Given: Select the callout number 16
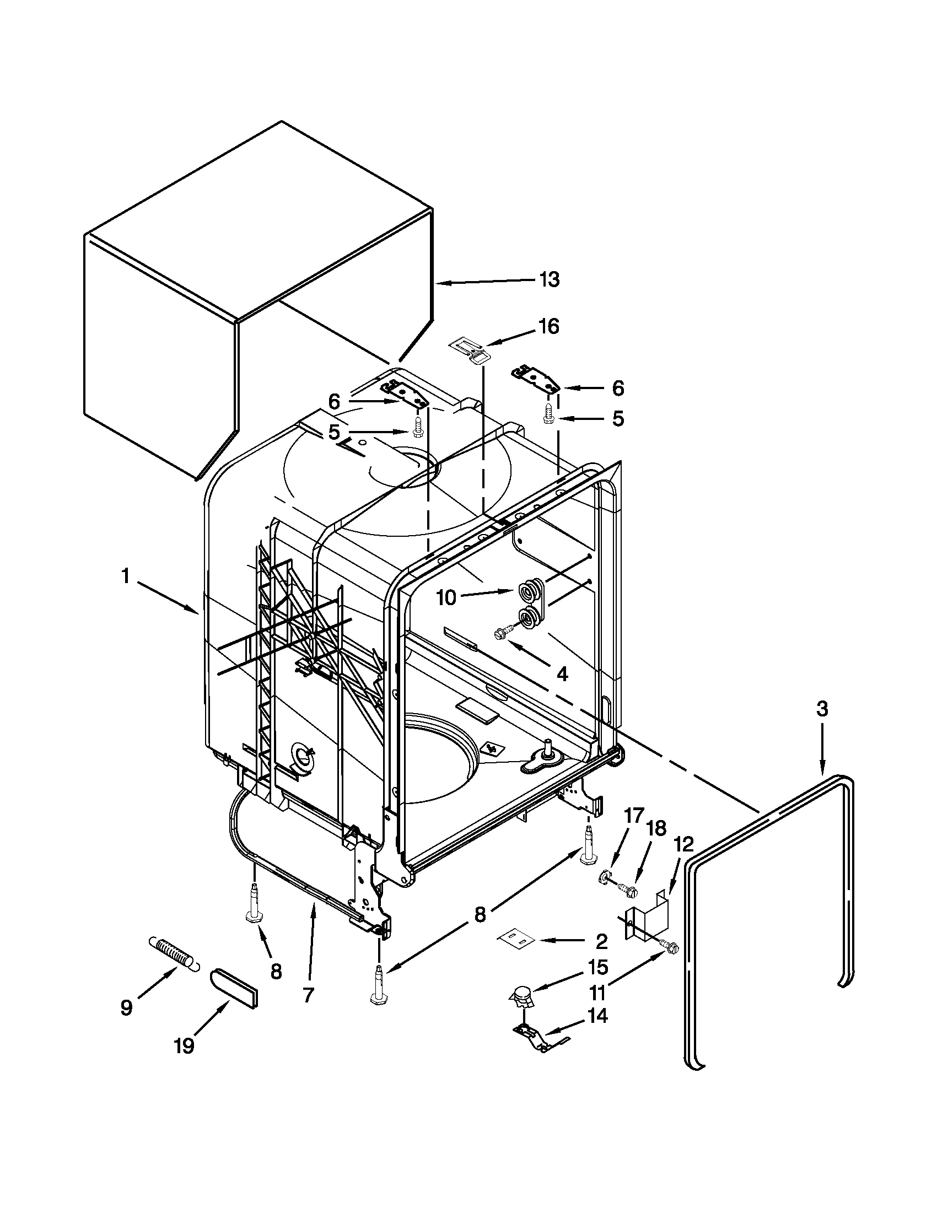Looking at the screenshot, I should click(x=548, y=327).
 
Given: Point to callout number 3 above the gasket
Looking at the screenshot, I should click(x=822, y=709).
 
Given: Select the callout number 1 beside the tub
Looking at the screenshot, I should click(x=126, y=577).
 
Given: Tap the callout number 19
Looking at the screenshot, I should click(x=184, y=1046).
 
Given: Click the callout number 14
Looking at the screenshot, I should click(x=597, y=1016).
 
